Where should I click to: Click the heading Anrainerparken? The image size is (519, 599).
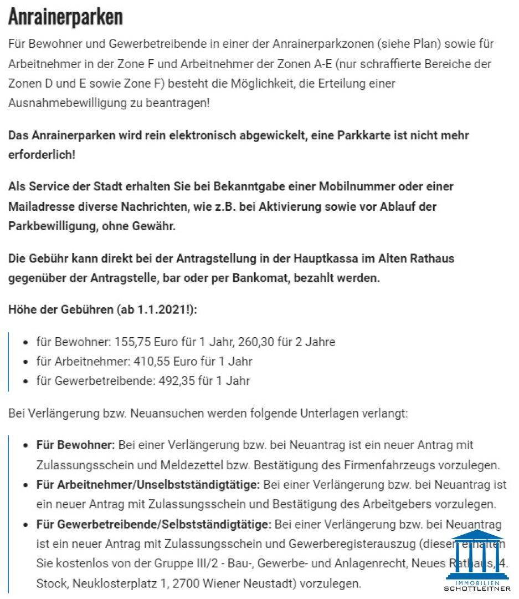[65, 18]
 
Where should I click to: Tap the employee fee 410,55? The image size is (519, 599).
[152, 362]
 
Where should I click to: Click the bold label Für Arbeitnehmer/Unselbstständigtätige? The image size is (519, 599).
[148, 485]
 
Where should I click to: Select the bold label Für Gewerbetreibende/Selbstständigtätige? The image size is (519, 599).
[154, 525]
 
